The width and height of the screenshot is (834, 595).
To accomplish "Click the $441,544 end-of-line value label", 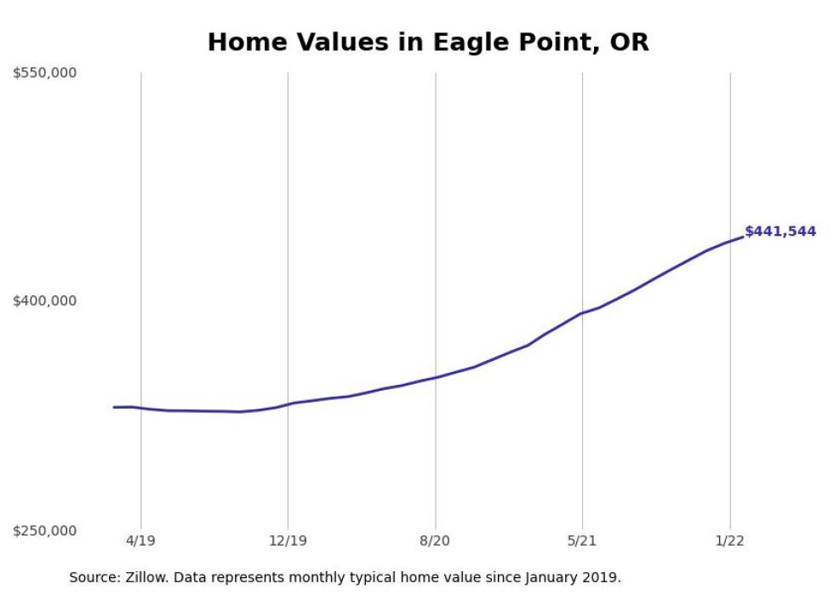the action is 780,232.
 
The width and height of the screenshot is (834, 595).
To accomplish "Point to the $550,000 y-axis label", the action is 44,72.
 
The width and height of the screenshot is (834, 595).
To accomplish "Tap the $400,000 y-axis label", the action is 44,300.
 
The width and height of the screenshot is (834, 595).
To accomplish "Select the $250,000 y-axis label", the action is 44,530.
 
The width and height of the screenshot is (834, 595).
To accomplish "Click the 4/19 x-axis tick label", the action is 141,541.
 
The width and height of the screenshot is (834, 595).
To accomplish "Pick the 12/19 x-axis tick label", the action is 288,541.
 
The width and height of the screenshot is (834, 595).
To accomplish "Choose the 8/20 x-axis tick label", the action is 435,541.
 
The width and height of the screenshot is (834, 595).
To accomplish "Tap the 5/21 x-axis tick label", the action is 582,541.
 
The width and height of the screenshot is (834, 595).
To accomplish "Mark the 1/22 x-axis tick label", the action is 730,541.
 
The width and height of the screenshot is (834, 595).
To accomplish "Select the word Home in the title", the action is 245,42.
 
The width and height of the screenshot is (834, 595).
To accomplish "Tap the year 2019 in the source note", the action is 601,577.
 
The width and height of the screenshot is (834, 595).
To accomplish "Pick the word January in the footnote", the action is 552,578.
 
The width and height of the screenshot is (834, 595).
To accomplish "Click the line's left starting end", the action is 114,407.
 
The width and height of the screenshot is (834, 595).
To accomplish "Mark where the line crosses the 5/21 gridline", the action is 582,313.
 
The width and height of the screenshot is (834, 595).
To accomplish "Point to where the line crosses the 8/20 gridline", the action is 436,377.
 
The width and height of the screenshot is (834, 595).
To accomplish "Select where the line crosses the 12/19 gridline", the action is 288,404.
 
